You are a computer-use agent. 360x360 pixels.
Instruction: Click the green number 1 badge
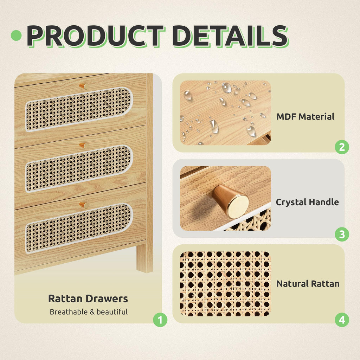[x=160, y=320]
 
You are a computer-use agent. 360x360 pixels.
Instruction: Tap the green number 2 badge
[x=342, y=147]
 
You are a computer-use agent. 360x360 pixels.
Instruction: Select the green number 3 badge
[x=342, y=234]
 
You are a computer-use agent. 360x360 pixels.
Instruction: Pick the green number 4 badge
[x=342, y=320]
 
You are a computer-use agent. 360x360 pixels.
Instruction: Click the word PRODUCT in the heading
[x=96, y=36]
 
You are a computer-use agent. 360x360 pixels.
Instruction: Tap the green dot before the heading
[x=16, y=36]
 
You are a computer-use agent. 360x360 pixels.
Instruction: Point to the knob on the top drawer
[x=84, y=86]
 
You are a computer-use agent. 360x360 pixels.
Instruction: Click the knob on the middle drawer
[x=84, y=146]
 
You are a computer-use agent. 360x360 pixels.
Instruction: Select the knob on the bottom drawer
[x=84, y=205]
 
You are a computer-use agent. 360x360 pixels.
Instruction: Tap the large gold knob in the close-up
[x=231, y=201]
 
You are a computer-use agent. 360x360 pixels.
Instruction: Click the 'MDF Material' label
[x=306, y=117]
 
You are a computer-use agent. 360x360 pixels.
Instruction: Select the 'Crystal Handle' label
[x=307, y=202]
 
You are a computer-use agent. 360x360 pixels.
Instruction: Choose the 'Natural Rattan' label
[x=308, y=284]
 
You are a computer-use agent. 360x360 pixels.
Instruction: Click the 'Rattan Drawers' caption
[x=88, y=298]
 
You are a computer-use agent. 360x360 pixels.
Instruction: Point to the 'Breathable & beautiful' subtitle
[x=89, y=312]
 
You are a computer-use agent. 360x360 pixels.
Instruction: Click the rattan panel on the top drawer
[x=79, y=109]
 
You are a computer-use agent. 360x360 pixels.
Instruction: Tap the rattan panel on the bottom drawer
[x=79, y=228]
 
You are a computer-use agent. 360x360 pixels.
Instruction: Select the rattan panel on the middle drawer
[x=79, y=168]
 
